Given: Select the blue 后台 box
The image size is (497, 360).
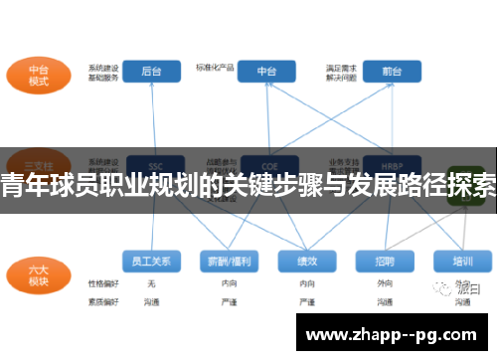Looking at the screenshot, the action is tap(152, 71).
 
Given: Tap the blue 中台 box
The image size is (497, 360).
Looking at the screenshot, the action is tap(267, 71).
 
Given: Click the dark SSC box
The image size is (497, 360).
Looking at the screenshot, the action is tap(152, 164).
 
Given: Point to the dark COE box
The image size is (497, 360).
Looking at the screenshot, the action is tap(267, 164).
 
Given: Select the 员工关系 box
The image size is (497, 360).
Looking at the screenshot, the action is tap(151, 262).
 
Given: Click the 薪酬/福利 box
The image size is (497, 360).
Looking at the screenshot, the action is tap(228, 262).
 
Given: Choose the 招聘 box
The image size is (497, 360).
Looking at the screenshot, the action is tap(384, 262).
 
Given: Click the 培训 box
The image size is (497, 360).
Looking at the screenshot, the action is tap(461, 262).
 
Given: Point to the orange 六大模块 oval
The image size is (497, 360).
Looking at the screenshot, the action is tap(39, 273).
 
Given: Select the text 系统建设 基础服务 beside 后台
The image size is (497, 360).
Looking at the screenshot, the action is tap(102, 72).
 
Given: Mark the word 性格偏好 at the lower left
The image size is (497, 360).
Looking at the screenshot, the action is tap(102, 283).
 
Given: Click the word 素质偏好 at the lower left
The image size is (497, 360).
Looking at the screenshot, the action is tap(102, 300).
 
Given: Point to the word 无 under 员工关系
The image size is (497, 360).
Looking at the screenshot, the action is tap(151, 283).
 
